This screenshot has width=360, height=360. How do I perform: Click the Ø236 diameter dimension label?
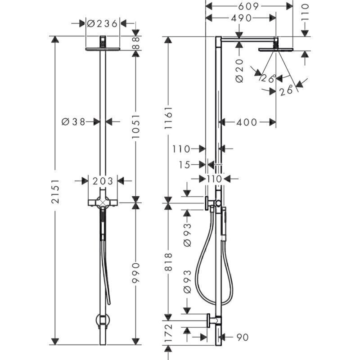pyautogui.click(x=103, y=23)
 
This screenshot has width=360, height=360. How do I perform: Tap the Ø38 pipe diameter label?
pyautogui.click(x=73, y=121)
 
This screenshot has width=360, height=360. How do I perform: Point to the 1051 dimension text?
pyautogui.click(x=136, y=126)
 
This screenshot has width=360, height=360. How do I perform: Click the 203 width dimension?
pyautogui.click(x=103, y=181)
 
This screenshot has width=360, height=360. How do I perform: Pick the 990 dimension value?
pyautogui.click(x=136, y=273)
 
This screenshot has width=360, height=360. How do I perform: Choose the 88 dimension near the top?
pyautogui.click(x=136, y=43)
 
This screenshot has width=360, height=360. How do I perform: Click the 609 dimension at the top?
pyautogui.click(x=248, y=6)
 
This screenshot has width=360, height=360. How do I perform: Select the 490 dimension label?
pyautogui.click(x=241, y=18)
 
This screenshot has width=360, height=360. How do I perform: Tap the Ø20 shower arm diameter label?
pyautogui.click(x=239, y=71)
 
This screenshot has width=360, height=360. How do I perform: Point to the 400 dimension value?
pyautogui.click(x=247, y=122)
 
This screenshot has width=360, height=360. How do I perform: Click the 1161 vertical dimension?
pyautogui.click(x=168, y=117)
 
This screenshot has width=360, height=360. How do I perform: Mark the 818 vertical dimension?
pyautogui.click(x=168, y=262)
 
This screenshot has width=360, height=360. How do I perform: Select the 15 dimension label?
pyautogui.click(x=184, y=165)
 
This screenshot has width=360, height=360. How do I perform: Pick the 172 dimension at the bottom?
pyautogui.click(x=168, y=333)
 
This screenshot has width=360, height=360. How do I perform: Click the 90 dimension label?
pyautogui.click(x=243, y=337)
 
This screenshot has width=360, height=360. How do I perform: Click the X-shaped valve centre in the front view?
pyautogui.click(x=103, y=202)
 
